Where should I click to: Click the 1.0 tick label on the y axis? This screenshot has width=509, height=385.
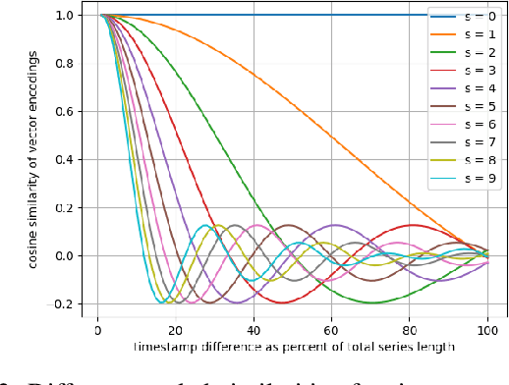[65, 16]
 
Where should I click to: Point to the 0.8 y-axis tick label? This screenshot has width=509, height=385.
[65, 64]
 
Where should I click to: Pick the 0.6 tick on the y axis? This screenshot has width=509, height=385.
[65, 112]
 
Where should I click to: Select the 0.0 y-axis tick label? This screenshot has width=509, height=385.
[65, 256]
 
